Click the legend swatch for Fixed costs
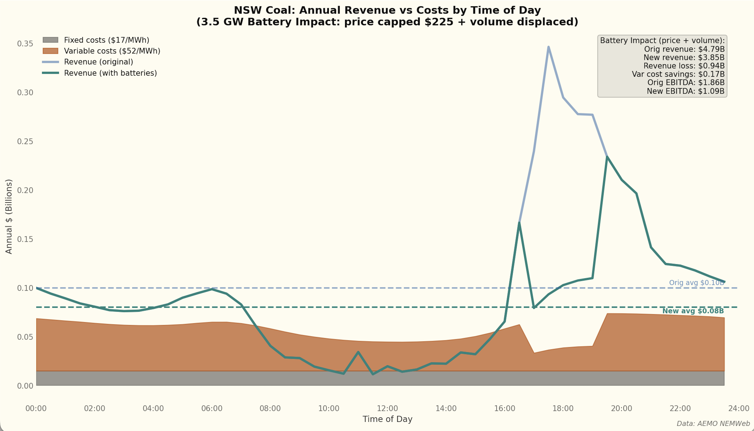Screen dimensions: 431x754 point(50,40)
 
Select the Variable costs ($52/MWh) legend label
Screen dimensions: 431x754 point(112,51)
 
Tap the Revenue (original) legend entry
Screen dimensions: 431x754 point(98,62)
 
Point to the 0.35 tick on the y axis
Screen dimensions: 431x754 point(25,44)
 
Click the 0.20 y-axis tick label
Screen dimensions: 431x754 point(25,190)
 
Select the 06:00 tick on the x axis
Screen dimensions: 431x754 point(212,409)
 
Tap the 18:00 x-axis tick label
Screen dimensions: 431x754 point(563,409)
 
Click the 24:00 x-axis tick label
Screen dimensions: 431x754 point(739,409)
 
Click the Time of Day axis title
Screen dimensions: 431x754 point(387,419)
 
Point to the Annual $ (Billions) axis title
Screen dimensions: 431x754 point(9,216)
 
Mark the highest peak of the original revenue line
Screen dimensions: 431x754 point(548,47)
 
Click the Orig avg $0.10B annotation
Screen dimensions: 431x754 point(696,283)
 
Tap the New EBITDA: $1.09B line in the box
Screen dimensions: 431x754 point(685,91)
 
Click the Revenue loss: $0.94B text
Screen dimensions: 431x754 point(684,66)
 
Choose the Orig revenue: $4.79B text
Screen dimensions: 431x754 point(684,49)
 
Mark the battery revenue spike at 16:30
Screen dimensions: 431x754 point(519,223)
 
